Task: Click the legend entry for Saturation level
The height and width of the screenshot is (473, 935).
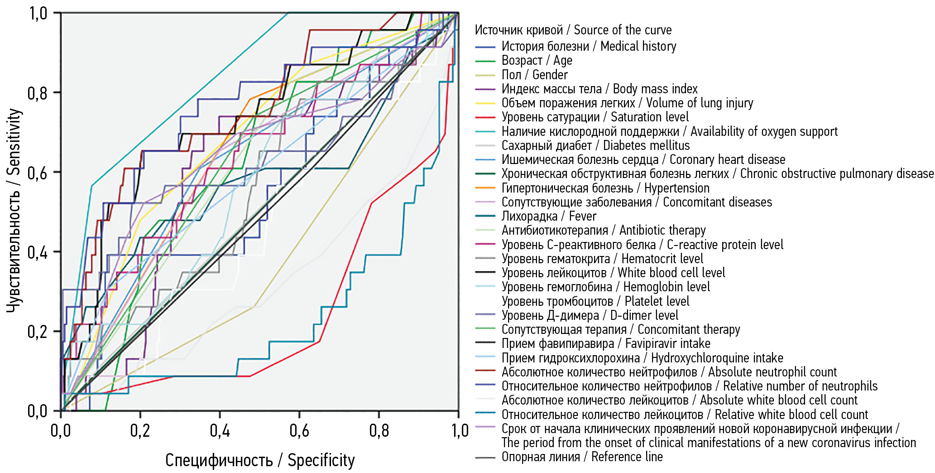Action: [x=595, y=117]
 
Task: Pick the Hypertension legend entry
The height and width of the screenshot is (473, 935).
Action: [x=605, y=188]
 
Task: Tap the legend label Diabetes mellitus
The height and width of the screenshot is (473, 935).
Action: [x=595, y=145]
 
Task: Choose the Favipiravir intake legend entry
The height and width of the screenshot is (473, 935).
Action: [x=606, y=344]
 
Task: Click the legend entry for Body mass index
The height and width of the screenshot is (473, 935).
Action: [x=599, y=89]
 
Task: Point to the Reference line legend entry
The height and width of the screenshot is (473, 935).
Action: [x=582, y=457]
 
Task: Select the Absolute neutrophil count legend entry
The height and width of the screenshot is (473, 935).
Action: [x=669, y=372]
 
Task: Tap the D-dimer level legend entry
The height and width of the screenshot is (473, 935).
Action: [x=590, y=315]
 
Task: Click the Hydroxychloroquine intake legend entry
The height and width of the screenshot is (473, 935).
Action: [x=642, y=358]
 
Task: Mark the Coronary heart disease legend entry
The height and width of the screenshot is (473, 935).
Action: [x=643, y=159]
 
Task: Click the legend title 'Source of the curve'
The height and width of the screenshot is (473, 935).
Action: [x=573, y=30]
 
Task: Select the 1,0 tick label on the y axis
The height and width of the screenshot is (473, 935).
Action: [x=38, y=14]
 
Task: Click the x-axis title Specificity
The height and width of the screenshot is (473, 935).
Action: [x=260, y=460]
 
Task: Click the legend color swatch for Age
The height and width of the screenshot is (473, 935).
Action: [x=485, y=61]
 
